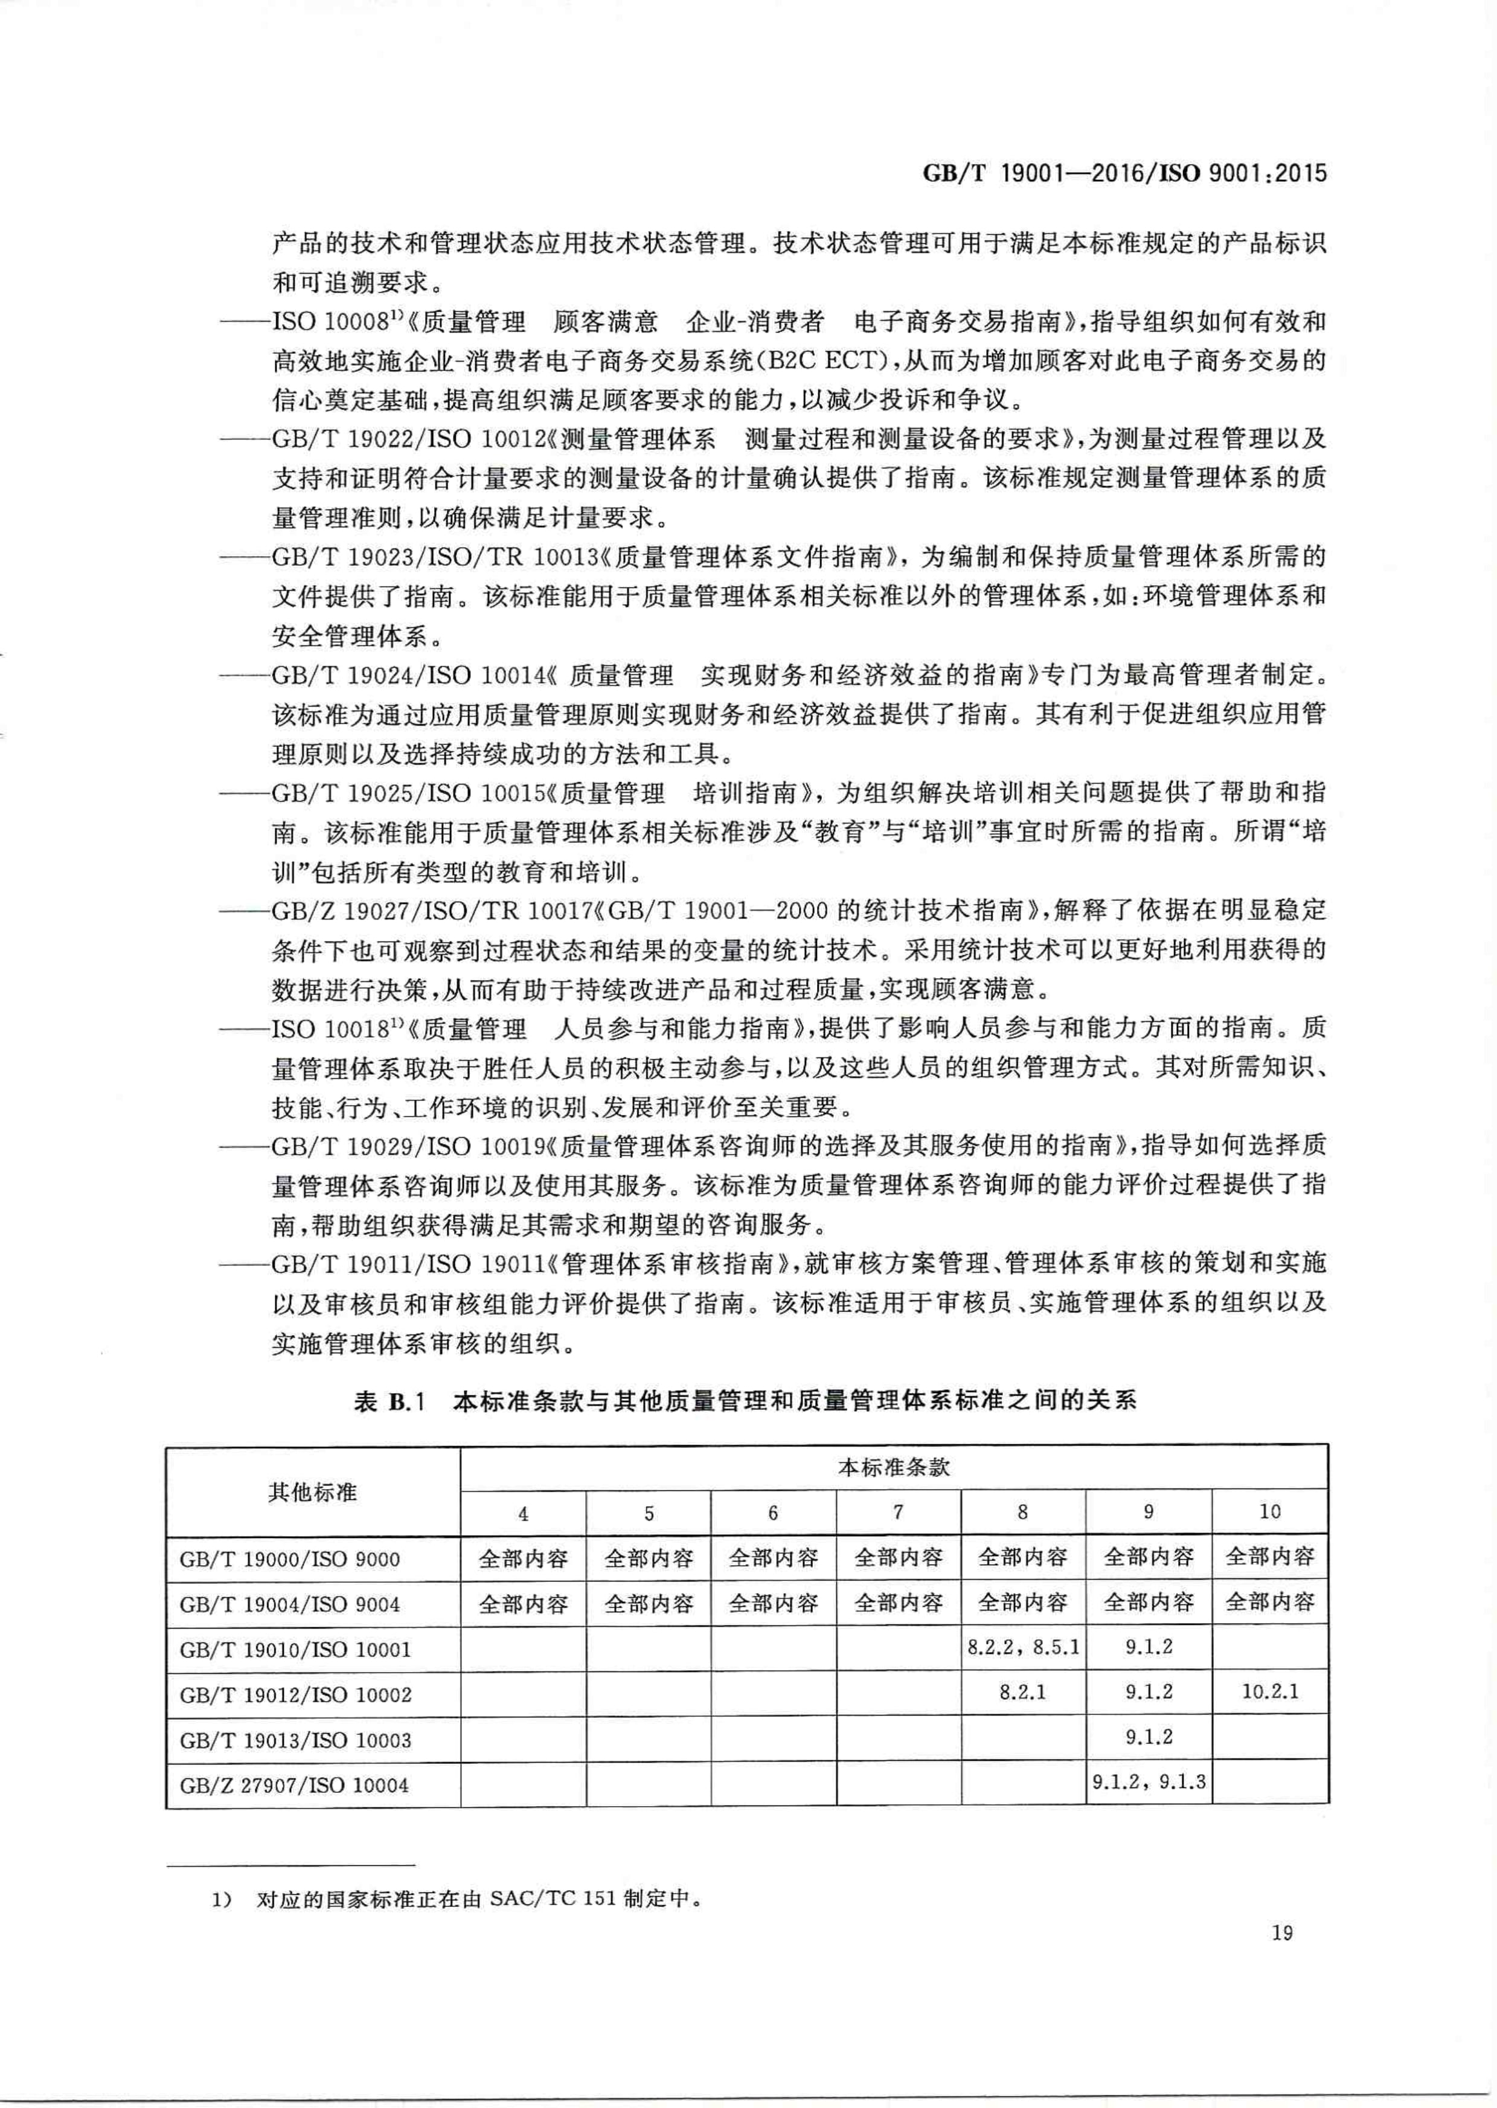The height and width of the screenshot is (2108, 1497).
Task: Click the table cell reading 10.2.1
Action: (x=1269, y=1691)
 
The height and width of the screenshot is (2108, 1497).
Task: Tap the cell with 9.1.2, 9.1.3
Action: (x=1149, y=1782)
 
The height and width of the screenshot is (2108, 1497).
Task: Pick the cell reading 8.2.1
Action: (x=1022, y=1691)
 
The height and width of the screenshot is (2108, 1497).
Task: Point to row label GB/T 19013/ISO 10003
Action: (x=295, y=1740)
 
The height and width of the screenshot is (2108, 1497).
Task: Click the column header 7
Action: (x=898, y=1511)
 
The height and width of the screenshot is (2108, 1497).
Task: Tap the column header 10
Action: (x=1269, y=1511)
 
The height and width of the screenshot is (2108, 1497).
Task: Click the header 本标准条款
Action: (x=893, y=1467)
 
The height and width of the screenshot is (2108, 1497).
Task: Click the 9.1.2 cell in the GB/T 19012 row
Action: (x=1149, y=1691)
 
